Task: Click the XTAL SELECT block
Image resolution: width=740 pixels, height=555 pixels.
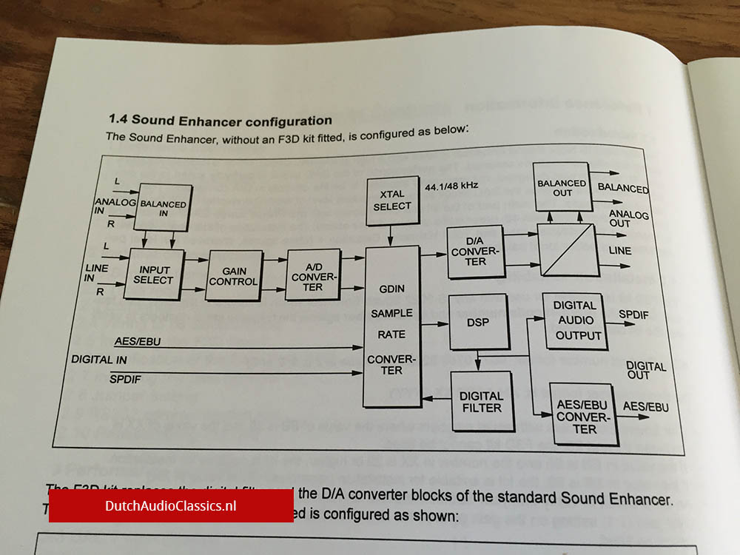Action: (392, 200)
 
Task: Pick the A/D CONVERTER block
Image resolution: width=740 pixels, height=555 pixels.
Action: (312, 275)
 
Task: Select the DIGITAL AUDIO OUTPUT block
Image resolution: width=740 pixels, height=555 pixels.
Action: (575, 320)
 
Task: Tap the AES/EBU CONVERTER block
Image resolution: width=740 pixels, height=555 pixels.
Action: (585, 414)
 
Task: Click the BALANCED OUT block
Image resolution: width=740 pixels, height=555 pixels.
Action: (562, 189)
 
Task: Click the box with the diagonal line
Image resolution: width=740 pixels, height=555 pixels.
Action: (567, 251)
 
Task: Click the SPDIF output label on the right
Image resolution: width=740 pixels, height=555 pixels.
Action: (633, 314)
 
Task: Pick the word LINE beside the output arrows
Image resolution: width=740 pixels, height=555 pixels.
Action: (619, 251)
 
